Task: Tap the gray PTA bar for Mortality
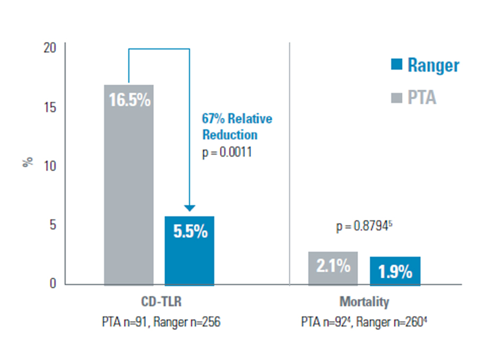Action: click(x=333, y=269)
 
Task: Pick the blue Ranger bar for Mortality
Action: click(x=395, y=271)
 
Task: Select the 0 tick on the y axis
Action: click(x=53, y=284)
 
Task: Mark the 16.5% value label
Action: click(x=129, y=100)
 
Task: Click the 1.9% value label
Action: click(x=395, y=272)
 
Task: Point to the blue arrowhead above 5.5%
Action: click(x=190, y=209)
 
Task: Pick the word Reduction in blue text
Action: click(x=230, y=135)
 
